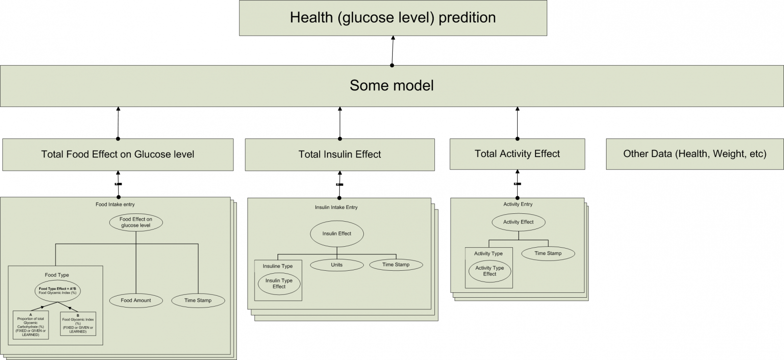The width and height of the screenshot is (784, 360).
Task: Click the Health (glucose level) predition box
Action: (393, 18)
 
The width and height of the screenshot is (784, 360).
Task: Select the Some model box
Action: (392, 86)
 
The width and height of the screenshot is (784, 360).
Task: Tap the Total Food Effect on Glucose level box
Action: (118, 154)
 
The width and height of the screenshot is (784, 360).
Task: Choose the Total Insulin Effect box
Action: (340, 154)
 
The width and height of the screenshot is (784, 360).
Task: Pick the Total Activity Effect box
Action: (517, 154)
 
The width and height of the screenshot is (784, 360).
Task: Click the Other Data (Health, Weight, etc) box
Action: (695, 154)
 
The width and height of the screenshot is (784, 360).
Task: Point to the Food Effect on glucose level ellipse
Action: (136, 223)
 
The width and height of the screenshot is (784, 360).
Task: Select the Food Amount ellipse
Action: (136, 300)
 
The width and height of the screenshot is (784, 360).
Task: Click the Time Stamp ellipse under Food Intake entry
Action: (198, 300)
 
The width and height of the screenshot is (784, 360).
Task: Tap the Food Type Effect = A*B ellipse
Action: (57, 291)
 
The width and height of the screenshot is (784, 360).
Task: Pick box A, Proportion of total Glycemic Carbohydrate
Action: (30, 325)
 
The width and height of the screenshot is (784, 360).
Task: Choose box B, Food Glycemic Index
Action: (78, 324)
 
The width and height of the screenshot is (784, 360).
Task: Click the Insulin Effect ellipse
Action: (337, 234)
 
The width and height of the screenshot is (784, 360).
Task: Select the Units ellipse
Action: (337, 265)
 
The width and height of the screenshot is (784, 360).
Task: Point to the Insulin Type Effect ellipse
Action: (279, 284)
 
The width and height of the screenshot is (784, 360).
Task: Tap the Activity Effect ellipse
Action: (518, 222)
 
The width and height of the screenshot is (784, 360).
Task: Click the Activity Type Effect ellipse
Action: (489, 271)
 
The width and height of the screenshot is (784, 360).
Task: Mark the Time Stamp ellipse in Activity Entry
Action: (548, 254)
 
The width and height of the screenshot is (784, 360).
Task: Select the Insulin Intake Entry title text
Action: (336, 207)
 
